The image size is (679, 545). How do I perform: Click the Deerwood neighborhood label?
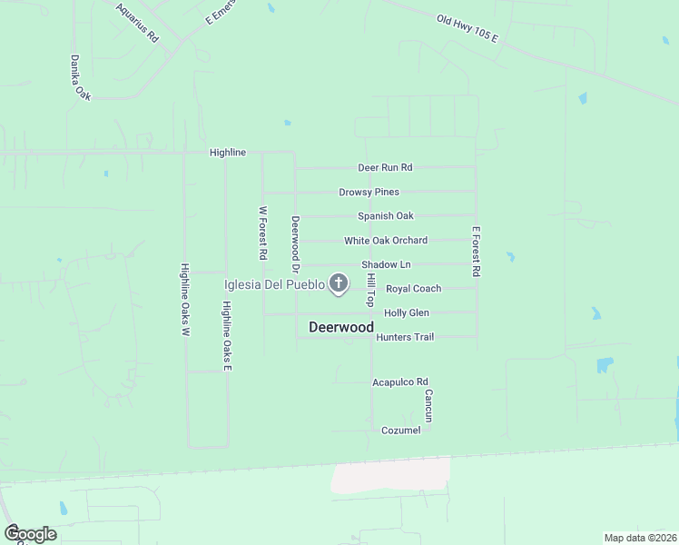click(341, 327)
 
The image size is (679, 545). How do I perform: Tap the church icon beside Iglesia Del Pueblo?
click(339, 284)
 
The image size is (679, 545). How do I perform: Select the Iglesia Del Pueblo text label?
click(275, 284)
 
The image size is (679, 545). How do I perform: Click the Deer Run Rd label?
click(385, 167)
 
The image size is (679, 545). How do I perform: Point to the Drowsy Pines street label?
click(369, 192)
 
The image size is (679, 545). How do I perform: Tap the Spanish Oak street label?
click(385, 216)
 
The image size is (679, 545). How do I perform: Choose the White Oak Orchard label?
click(385, 241)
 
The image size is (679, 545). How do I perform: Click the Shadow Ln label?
click(386, 264)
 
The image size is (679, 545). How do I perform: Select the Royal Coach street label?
click(413, 289)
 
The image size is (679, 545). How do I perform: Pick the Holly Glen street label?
click(406, 312)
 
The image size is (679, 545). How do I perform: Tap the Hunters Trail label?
click(404, 337)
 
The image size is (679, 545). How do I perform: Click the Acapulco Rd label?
click(399, 382)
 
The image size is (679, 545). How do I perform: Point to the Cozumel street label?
click(400, 430)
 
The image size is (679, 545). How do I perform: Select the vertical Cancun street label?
click(428, 406)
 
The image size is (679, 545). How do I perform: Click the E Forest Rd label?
click(475, 252)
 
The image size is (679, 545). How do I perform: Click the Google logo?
click(30, 533)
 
